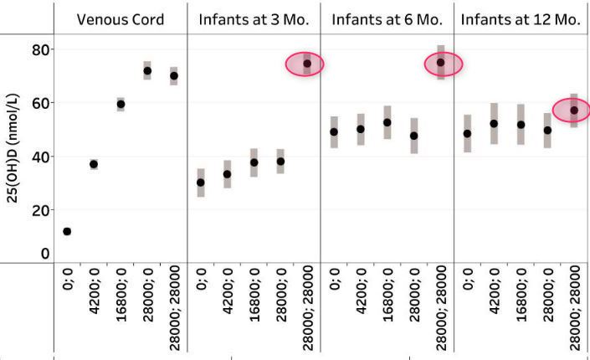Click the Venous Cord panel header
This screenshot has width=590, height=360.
[x=120, y=19]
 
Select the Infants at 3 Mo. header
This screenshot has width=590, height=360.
[x=254, y=19]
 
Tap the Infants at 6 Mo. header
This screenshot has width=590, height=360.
[x=387, y=19]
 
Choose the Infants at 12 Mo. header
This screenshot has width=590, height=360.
[x=521, y=19]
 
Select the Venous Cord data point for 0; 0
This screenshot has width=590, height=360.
[x=67, y=231]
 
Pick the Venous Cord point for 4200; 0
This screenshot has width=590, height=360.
[x=94, y=164]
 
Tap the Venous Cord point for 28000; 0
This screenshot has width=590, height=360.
[x=147, y=70]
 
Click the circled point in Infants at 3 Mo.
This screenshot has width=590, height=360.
[x=306, y=64]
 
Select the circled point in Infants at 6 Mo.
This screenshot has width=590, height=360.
[x=441, y=63]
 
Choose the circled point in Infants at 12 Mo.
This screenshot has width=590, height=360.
[x=574, y=111]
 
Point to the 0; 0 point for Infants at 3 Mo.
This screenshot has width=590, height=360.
[x=201, y=183]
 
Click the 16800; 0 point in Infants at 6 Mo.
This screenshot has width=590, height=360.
[x=387, y=122]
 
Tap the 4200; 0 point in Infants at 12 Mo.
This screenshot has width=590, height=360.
[x=495, y=124]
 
